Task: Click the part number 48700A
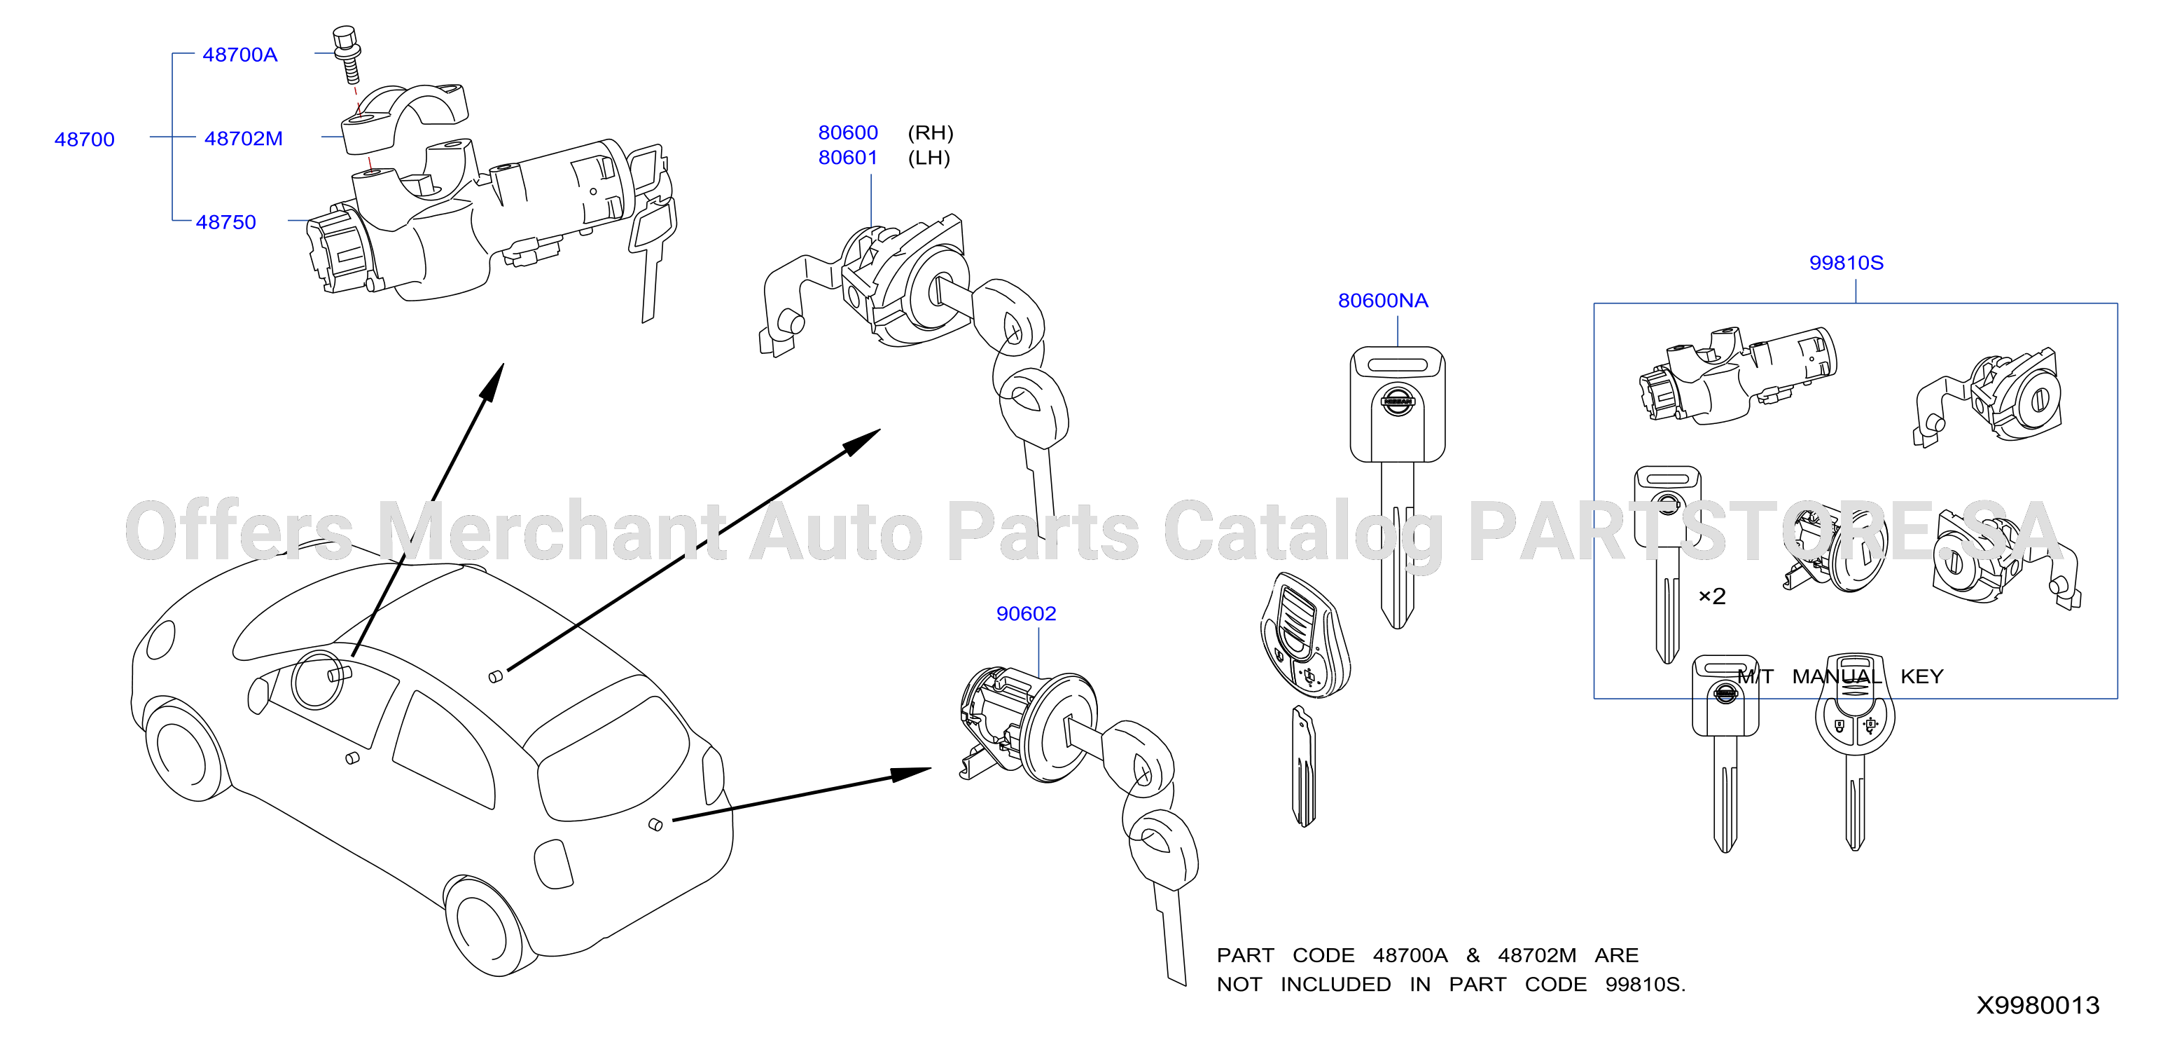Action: pos(240,55)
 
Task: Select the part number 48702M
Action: pos(243,138)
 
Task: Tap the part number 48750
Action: pos(225,222)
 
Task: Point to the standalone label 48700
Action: pos(84,139)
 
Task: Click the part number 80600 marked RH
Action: pos(848,132)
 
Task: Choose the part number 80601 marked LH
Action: pos(848,158)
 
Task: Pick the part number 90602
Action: pos(1026,613)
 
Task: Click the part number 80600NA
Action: pos(1383,300)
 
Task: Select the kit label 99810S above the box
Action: pos(1846,263)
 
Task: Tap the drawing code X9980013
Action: pos(2038,1005)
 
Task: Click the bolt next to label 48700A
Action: pos(347,54)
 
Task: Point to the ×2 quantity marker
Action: pos(1712,596)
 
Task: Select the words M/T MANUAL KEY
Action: pos(1839,676)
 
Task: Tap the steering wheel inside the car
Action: pos(318,677)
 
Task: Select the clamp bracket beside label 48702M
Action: pos(405,117)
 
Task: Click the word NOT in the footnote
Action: pos(1239,985)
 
